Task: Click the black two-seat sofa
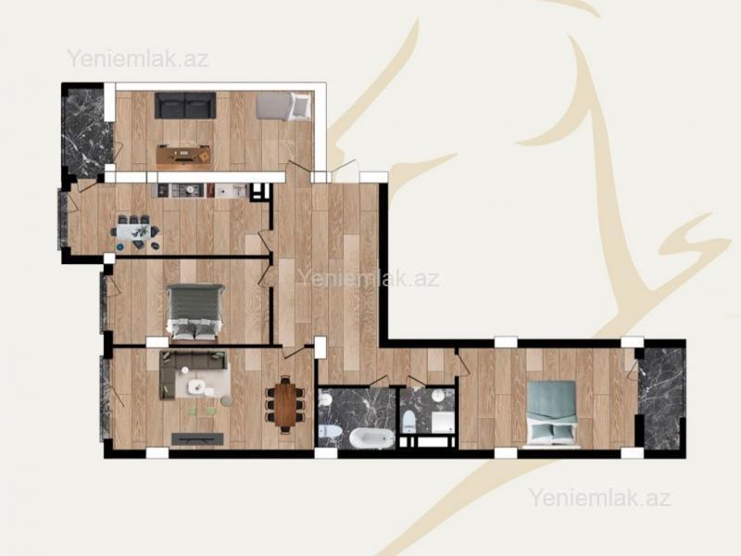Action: [x=185, y=106]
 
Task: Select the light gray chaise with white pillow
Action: [x=284, y=106]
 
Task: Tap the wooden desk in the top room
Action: [x=183, y=155]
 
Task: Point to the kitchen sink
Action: [x=235, y=190]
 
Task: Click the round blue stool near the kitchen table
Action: [x=120, y=246]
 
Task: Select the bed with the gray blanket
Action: [x=195, y=312]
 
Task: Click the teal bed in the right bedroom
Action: [x=552, y=413]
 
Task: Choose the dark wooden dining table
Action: [x=285, y=404]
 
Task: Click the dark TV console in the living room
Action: [x=197, y=439]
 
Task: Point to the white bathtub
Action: [x=372, y=438]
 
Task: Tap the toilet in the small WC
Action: [x=408, y=422]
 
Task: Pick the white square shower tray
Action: [x=442, y=422]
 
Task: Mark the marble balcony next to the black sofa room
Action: [x=86, y=131]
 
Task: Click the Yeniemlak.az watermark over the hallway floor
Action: [x=369, y=278]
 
